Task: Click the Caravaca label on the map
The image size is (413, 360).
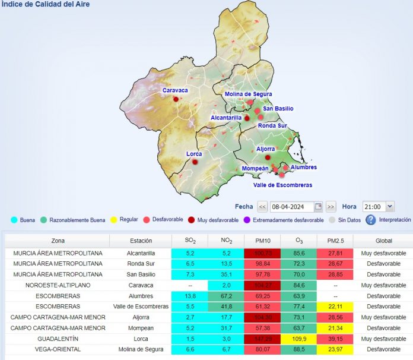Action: tap(175, 90)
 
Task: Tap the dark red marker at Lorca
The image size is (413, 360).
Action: tap(195, 162)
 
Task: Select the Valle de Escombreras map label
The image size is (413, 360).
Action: tap(282, 185)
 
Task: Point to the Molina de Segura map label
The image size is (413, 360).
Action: tap(248, 94)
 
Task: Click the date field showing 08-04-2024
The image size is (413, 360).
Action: tap(291, 207)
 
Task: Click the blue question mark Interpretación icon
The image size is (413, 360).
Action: tap(371, 220)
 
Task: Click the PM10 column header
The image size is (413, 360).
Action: tap(262, 241)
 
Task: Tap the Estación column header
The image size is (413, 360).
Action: tap(141, 241)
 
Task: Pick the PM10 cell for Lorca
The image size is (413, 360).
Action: tap(262, 339)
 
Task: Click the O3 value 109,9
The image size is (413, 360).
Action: tap(299, 339)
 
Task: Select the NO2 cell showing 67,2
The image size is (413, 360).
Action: tap(225, 296)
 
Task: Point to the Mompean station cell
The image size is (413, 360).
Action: tap(141, 328)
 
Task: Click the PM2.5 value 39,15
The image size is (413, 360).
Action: tap(335, 339)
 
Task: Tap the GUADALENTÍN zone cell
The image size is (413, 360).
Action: tap(58, 339)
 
